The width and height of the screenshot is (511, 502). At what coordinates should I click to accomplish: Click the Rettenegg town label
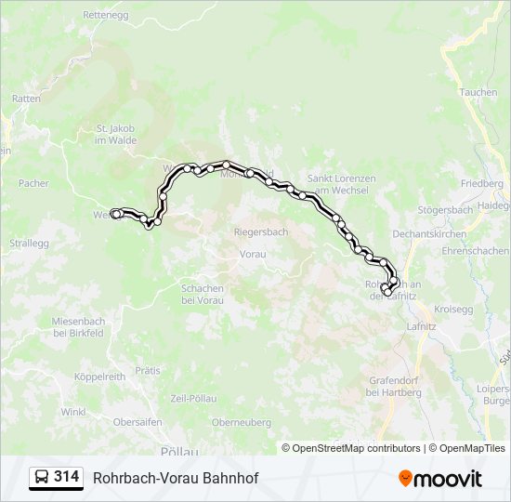[104, 16]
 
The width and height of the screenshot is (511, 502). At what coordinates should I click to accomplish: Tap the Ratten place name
[25, 98]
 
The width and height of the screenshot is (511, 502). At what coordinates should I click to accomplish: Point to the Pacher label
[33, 184]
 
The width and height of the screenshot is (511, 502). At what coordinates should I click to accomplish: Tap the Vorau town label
[252, 254]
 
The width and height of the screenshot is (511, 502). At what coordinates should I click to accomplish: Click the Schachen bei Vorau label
[203, 295]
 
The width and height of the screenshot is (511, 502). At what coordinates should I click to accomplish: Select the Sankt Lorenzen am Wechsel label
[341, 184]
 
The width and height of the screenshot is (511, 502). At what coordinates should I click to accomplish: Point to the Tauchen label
[478, 93]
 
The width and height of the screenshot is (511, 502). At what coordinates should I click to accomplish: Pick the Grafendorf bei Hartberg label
[395, 386]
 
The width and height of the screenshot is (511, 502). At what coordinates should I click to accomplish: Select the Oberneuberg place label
[241, 422]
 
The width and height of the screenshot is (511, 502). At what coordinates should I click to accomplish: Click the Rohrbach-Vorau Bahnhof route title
[176, 478]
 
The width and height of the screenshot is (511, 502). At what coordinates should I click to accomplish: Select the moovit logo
[440, 478]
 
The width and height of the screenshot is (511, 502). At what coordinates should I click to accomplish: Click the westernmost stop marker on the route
[115, 214]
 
